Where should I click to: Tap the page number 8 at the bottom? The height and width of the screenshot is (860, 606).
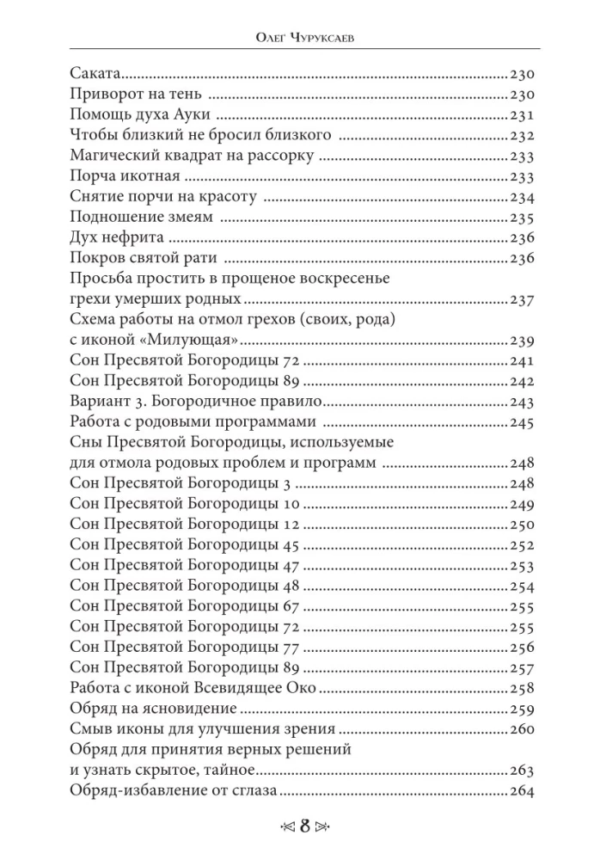[x=303, y=829]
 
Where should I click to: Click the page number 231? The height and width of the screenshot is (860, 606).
[x=523, y=115]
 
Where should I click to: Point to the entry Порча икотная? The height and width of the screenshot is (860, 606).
[x=124, y=177]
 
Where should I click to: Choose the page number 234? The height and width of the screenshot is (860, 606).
[x=523, y=198]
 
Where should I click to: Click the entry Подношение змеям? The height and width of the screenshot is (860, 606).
[x=136, y=218]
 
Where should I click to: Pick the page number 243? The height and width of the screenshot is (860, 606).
[x=523, y=402]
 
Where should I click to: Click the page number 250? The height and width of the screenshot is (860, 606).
[x=523, y=525]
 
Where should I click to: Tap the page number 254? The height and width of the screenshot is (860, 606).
[x=523, y=587]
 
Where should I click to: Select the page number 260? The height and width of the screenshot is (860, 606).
[x=523, y=730]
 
